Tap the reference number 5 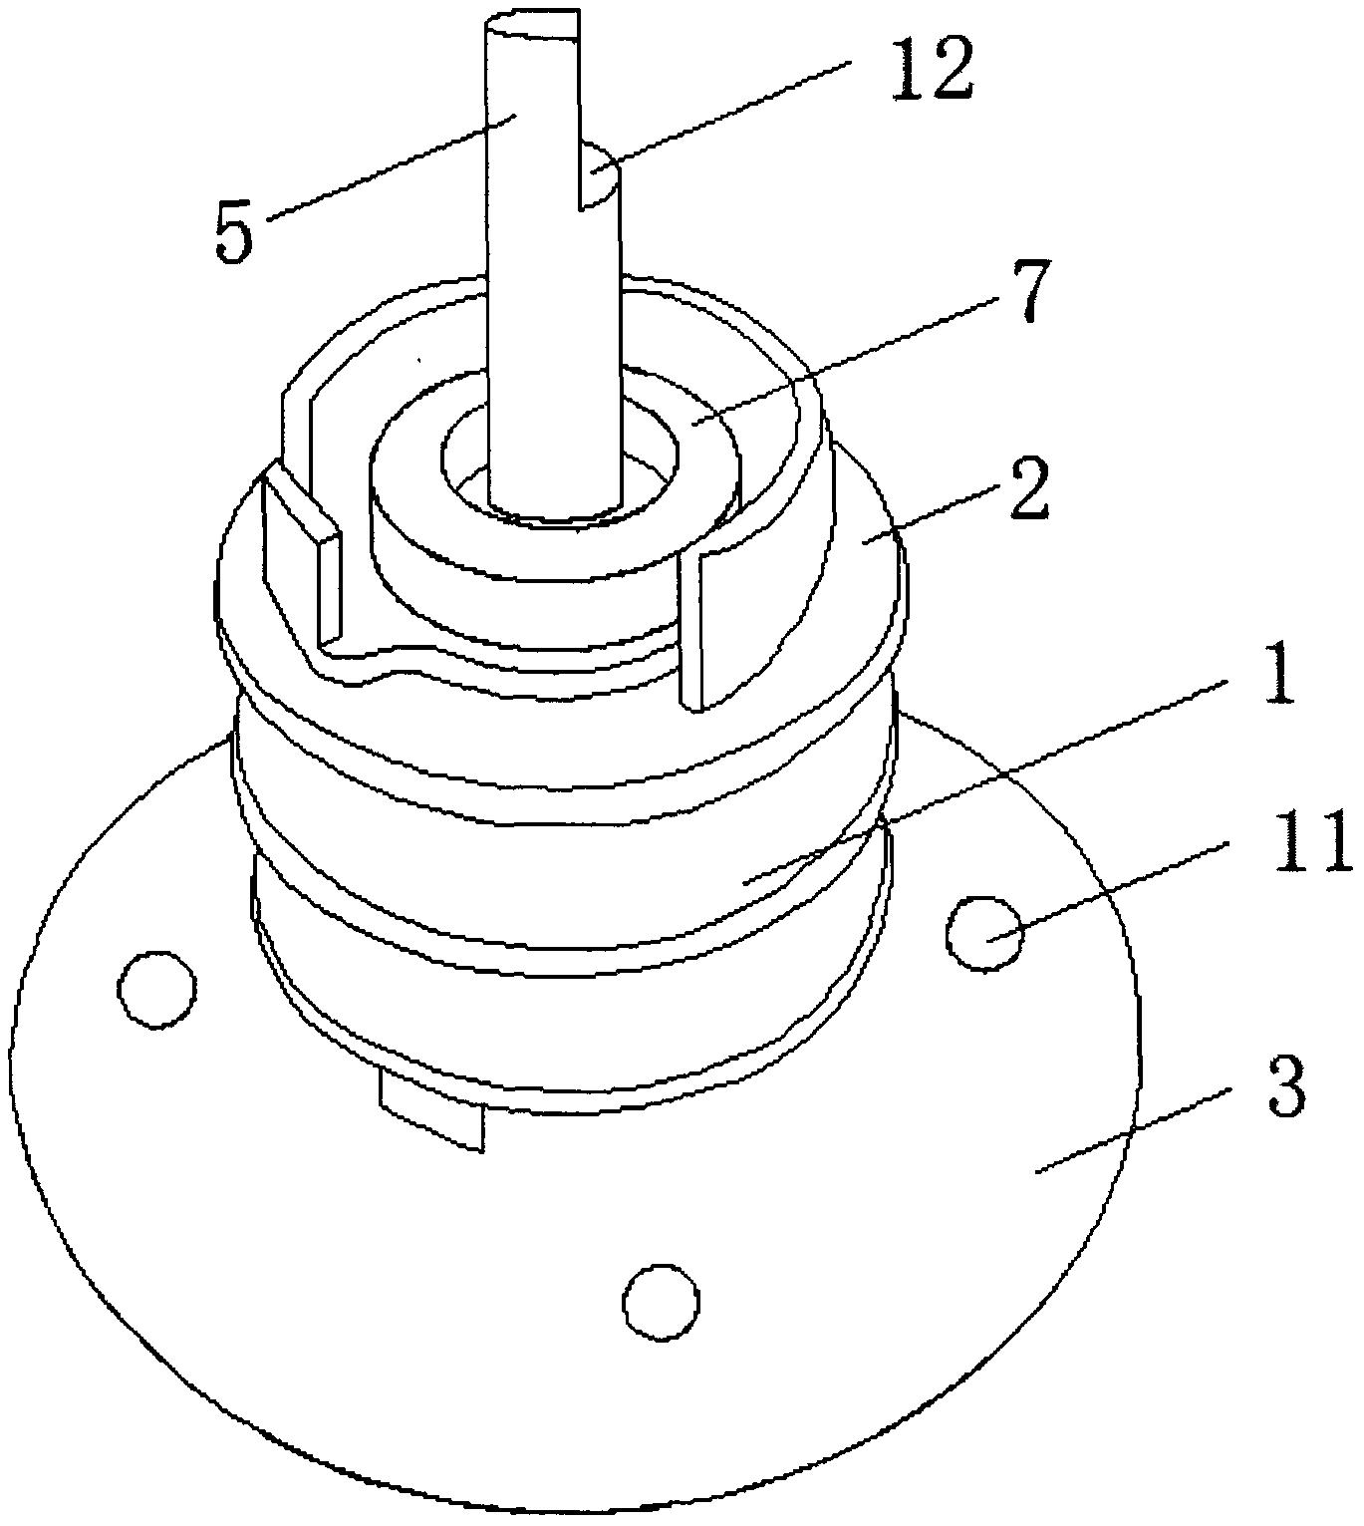tap(233, 232)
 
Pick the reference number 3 tap(1285, 1093)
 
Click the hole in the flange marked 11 tap(984, 933)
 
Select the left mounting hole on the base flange tap(157, 989)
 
